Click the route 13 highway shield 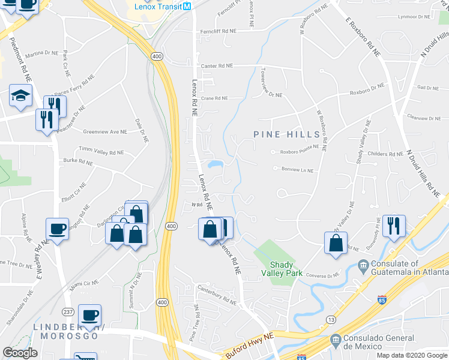pos(332,320)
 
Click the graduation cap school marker pos(20,96)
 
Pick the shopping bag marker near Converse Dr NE pos(336,243)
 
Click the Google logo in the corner pos(20,353)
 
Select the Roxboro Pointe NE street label pos(295,152)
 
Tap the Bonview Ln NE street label pos(298,170)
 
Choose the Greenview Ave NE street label pos(106,131)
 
